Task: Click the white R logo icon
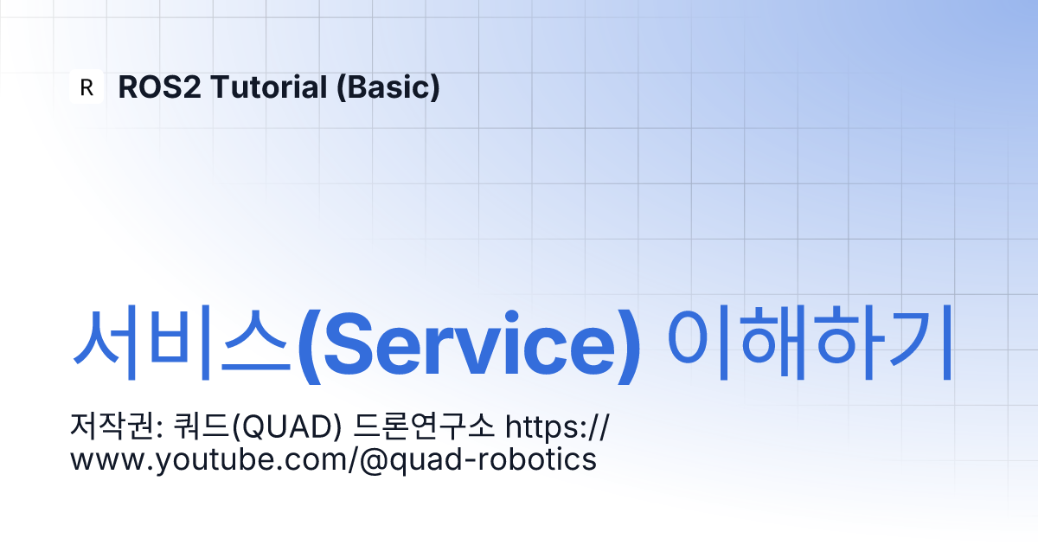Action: (x=86, y=87)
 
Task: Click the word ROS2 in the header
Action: (x=159, y=87)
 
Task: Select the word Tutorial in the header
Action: (x=269, y=87)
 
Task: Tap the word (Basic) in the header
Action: (x=388, y=87)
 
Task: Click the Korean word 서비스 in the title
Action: (x=182, y=343)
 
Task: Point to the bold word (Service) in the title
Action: (x=469, y=346)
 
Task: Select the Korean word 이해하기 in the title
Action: (x=810, y=342)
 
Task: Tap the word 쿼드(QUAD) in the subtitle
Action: (x=257, y=426)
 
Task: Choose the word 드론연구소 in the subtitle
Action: (x=424, y=426)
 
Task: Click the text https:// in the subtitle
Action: (x=557, y=426)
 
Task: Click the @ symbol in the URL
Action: (x=374, y=461)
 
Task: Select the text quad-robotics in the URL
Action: (x=493, y=460)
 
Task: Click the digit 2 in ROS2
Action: (x=191, y=87)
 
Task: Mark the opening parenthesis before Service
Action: (x=310, y=346)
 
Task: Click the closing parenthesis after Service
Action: (x=628, y=346)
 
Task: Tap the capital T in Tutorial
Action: (x=221, y=87)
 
